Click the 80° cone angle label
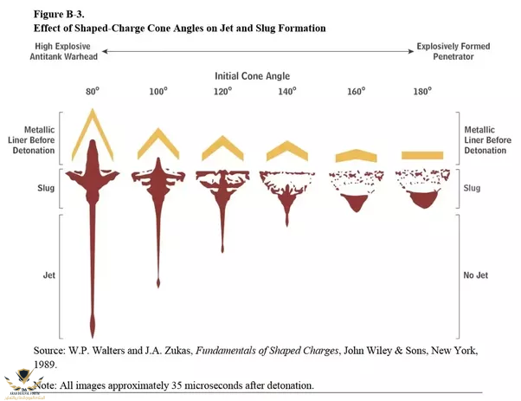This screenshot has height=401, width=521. [x=92, y=91]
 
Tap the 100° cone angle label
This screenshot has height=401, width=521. [x=158, y=91]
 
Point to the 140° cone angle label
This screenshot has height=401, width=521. [x=287, y=91]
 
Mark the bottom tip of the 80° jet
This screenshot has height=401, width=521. [x=93, y=335]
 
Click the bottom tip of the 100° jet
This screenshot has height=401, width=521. [x=158, y=284]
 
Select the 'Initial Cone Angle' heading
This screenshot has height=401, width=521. [x=257, y=75]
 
